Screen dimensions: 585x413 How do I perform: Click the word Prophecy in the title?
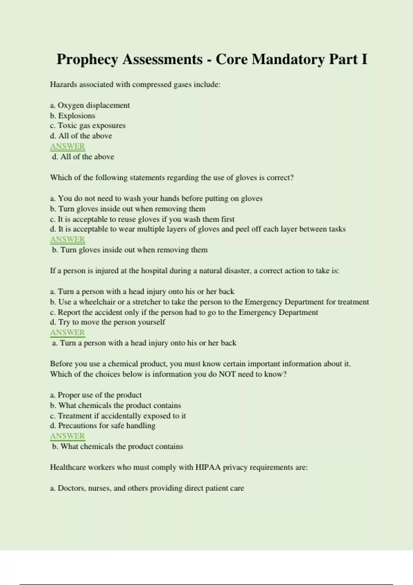tap(87, 60)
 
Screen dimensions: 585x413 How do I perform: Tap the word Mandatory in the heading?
tap(288, 60)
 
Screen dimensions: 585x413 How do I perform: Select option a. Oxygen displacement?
tap(90, 105)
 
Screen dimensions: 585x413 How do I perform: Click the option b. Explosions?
tap(72, 116)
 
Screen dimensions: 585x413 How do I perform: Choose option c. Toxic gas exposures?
tap(88, 126)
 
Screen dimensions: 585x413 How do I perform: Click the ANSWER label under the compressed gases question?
tap(67, 146)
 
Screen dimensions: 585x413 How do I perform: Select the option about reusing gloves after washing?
tap(142, 219)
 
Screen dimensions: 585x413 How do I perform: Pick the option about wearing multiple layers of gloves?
tap(198, 229)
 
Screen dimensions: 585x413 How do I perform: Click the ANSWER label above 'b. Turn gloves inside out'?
tap(67, 240)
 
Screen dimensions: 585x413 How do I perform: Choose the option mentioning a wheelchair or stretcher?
tap(209, 302)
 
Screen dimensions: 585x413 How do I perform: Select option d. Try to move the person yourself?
tap(107, 322)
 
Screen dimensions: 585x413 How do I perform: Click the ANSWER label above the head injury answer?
tap(67, 332)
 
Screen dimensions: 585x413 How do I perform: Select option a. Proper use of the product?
tap(96, 395)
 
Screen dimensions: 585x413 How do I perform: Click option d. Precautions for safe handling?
tap(103, 426)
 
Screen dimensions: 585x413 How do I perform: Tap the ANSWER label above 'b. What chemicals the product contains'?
tap(67, 436)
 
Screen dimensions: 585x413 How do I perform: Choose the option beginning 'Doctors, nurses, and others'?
tap(147, 488)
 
